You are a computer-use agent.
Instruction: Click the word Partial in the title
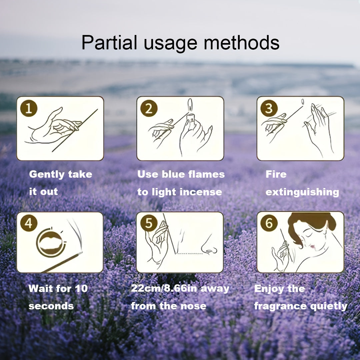109,43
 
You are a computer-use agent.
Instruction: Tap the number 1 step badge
29,109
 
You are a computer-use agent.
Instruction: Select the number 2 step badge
149,109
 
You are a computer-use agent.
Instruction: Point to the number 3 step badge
269,109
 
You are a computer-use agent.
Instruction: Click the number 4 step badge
29,223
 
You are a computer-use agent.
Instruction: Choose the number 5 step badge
149,223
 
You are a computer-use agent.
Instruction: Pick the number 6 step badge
269,223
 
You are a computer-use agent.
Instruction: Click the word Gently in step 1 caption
47,174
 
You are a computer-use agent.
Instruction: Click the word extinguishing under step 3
302,192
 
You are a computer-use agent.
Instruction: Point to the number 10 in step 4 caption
81,288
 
